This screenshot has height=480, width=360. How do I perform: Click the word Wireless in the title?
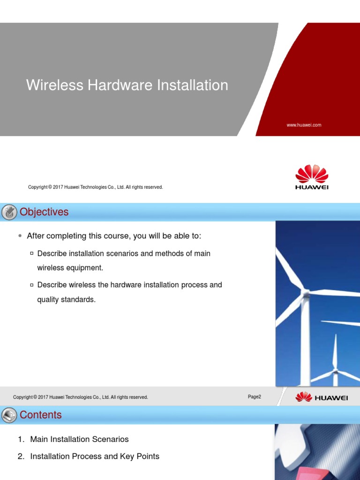coord(51,85)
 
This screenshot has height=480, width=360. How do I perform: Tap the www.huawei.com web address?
coord(304,125)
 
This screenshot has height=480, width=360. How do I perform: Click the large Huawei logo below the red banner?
coord(312,177)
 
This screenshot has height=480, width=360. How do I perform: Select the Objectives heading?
coord(44,212)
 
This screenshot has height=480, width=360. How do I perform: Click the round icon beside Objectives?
coord(9,212)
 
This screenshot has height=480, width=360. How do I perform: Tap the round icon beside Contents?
coord(9,415)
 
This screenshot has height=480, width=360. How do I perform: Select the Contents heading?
coord(41,415)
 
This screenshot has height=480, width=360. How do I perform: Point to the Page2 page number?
coord(254,397)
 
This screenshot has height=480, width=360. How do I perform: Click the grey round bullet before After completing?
coord(20,236)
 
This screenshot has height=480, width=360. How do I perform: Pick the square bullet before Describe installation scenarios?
coord(32,254)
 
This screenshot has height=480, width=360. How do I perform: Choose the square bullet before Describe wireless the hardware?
coord(32,285)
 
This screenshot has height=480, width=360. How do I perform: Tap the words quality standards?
coord(66,300)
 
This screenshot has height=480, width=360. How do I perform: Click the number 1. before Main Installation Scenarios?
coord(21,439)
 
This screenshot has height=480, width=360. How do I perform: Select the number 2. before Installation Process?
coord(21,456)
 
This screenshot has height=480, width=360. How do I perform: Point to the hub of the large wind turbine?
coord(306,294)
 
